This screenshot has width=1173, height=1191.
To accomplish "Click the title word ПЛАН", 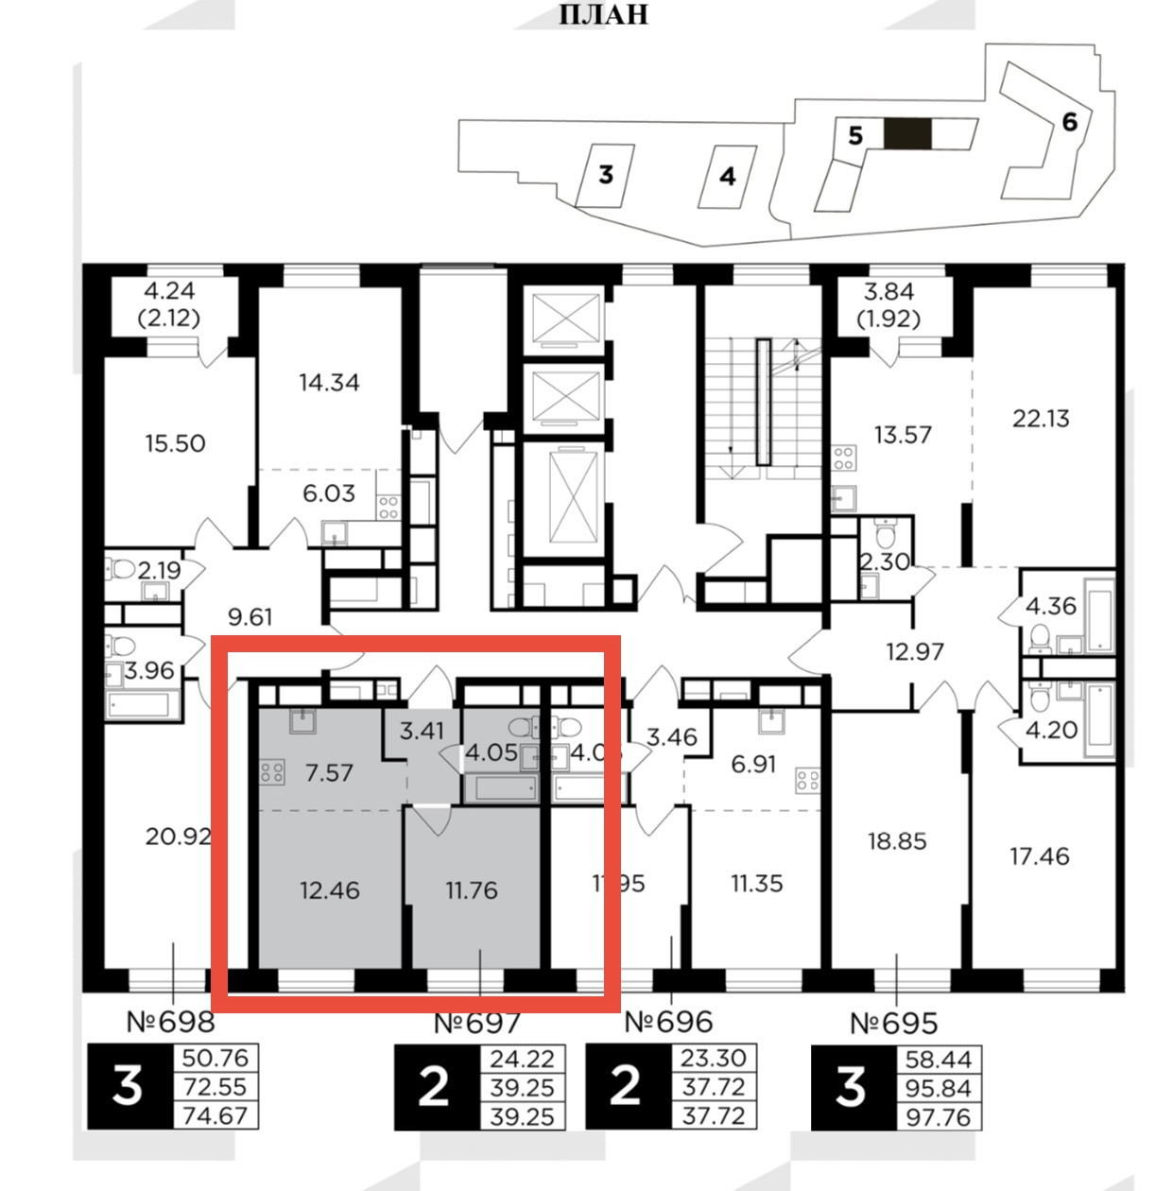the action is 604,15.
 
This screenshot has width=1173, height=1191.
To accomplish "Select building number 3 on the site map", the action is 606,175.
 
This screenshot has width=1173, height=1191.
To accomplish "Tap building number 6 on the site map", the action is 1069,122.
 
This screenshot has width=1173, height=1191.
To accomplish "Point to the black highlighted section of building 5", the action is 907,134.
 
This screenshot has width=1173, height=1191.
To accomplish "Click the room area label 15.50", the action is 175,443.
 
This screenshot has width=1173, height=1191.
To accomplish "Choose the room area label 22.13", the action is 1040,418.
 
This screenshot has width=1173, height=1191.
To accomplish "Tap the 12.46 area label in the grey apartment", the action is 329,890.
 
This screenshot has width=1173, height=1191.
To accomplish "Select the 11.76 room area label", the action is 471,890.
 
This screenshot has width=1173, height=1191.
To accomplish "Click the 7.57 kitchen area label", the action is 329,773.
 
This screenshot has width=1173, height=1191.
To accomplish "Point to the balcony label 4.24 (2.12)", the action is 169,304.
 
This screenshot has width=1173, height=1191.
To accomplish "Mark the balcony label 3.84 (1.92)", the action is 888,304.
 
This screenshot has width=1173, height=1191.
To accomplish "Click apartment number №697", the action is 478,1023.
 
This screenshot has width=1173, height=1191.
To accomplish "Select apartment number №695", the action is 893,1023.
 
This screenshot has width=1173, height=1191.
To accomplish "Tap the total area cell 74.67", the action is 215,1115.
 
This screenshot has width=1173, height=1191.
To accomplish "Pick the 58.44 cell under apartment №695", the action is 937,1059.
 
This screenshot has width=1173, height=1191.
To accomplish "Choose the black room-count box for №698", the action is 128,1087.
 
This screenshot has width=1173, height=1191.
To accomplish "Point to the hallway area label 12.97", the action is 915,652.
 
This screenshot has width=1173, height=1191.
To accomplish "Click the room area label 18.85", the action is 897,841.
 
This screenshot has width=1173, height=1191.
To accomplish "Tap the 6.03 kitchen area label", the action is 328,493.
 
